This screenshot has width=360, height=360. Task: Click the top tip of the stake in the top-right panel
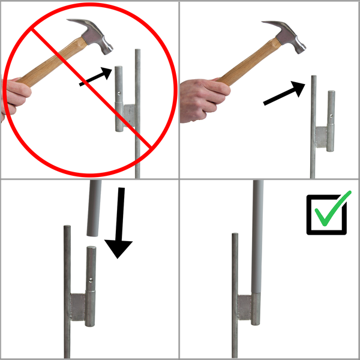(x=313, y=78)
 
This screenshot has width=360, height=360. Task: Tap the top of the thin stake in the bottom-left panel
(x=67, y=228)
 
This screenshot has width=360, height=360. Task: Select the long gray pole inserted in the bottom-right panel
(x=258, y=240)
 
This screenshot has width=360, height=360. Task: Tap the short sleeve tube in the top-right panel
(x=331, y=120)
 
